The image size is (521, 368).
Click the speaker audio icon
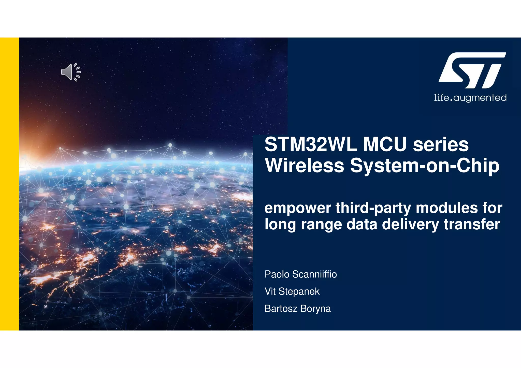(x=70, y=72)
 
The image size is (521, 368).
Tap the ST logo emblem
(x=472, y=70)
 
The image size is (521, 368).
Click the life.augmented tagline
(x=470, y=98)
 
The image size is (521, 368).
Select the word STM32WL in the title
(x=311, y=144)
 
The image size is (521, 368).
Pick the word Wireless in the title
(x=305, y=166)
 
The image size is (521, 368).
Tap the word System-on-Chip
(x=425, y=166)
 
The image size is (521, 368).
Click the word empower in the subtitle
(x=297, y=208)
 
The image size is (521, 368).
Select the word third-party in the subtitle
(x=373, y=208)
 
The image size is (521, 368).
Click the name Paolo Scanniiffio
(x=300, y=274)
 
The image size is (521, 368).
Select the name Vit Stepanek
(x=292, y=291)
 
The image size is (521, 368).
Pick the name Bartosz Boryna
(x=297, y=308)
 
